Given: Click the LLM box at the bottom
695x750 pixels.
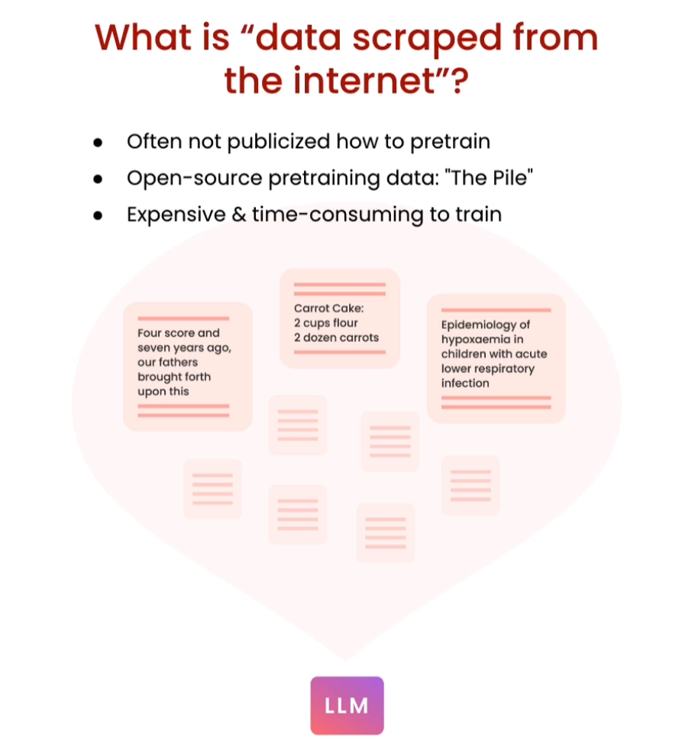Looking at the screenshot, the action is pyautogui.click(x=347, y=706).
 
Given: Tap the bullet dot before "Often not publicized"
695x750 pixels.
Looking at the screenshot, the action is pyautogui.click(x=97, y=143).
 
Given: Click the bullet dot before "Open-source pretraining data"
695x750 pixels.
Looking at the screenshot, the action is pyautogui.click(x=97, y=179).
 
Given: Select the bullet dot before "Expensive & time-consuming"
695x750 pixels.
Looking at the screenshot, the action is pyautogui.click(x=97, y=215).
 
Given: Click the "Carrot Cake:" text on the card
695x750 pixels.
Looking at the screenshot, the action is pyautogui.click(x=329, y=309).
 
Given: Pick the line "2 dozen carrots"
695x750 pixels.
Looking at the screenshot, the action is pyautogui.click(x=336, y=337).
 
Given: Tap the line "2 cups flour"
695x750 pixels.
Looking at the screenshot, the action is pyautogui.click(x=326, y=323).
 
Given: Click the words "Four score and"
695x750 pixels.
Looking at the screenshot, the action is pyautogui.click(x=178, y=333).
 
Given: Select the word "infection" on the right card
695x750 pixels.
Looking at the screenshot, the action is pyautogui.click(x=465, y=383).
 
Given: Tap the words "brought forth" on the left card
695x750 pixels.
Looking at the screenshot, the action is pyautogui.click(x=174, y=377).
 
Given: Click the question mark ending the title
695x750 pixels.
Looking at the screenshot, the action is pyautogui.click(x=456, y=80).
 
